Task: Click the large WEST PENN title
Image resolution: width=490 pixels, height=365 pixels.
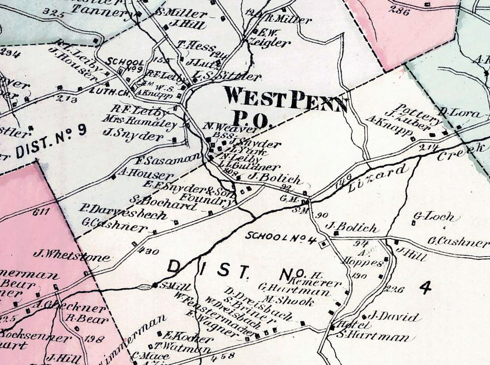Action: click(286, 99)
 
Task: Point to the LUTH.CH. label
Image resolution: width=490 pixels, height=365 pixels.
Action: click(109, 90)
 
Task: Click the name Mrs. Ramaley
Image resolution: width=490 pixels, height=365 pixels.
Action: click(139, 121)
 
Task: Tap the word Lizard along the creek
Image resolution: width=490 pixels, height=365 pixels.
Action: click(382, 175)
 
